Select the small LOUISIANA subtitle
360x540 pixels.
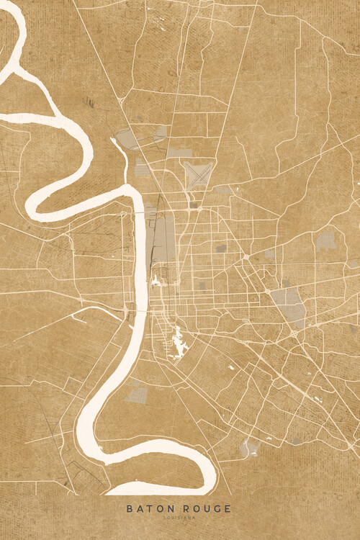click(x=179, y=517)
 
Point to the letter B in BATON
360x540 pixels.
click(x=130, y=508)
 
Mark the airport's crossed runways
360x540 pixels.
click(x=196, y=174)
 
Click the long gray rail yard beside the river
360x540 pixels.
click(x=163, y=238)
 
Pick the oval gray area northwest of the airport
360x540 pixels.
click(x=129, y=138)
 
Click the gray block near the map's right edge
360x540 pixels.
click(x=326, y=240)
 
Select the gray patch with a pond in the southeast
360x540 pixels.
click(x=250, y=448)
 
